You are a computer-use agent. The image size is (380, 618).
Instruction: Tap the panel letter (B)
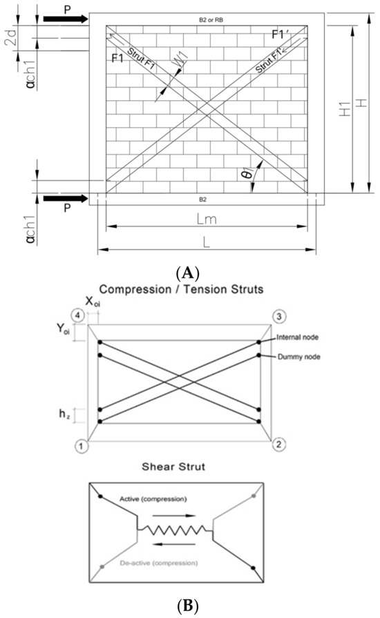click(189, 606)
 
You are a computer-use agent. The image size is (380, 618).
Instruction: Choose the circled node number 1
click(81, 447)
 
